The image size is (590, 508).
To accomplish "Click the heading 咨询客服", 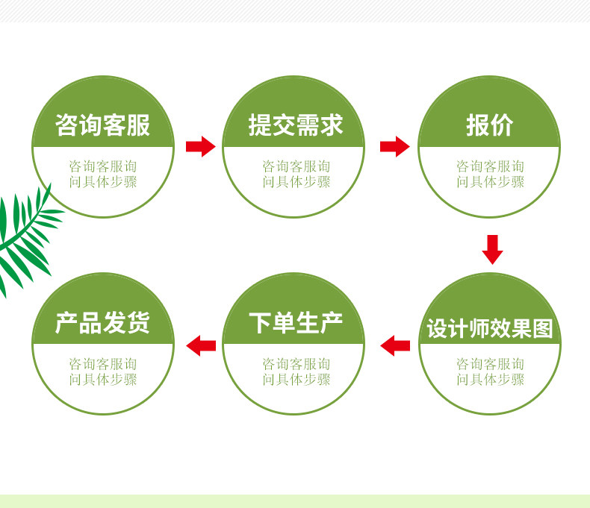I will pyautogui.click(x=103, y=125).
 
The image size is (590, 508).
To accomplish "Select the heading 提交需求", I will pyautogui.click(x=296, y=125).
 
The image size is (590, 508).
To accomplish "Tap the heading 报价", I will pyautogui.click(x=489, y=125).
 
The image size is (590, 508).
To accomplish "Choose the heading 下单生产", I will pyautogui.click(x=296, y=323).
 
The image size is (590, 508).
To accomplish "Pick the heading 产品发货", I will pyautogui.click(x=103, y=323).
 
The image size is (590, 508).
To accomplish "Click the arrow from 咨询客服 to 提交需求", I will pyautogui.click(x=199, y=146).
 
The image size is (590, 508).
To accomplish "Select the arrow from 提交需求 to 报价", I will pyautogui.click(x=394, y=146).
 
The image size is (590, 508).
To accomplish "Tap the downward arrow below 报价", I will pyautogui.click(x=492, y=249).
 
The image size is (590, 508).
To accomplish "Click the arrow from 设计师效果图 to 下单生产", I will pyautogui.click(x=395, y=345).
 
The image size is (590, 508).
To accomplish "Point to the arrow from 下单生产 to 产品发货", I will pyautogui.click(x=200, y=345).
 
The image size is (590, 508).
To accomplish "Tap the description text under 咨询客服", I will pyautogui.click(x=103, y=174).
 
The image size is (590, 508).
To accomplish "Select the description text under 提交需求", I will pyautogui.click(x=296, y=174).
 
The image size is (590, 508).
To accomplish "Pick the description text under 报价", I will pyautogui.click(x=490, y=174).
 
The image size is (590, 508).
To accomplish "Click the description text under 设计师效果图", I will pyautogui.click(x=490, y=371).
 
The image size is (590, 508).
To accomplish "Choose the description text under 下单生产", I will pyautogui.click(x=296, y=371).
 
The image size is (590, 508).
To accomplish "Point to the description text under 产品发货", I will pyautogui.click(x=103, y=371).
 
